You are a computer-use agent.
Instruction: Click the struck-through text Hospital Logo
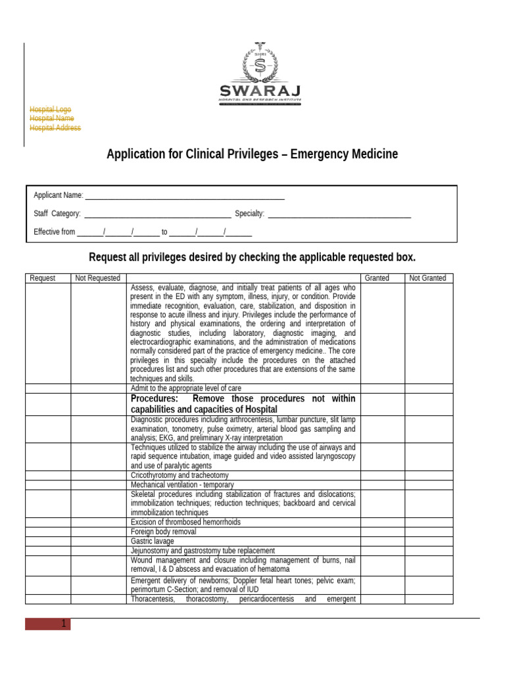(50, 110)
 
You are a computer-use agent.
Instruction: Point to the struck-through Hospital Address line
(55, 128)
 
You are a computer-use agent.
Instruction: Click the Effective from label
(55, 232)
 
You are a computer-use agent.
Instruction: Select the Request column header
(43, 279)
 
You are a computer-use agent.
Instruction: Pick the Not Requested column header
(98, 279)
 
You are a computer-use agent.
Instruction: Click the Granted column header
(377, 279)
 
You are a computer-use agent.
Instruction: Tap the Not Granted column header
(427, 279)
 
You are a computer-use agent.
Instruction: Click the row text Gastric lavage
(153, 541)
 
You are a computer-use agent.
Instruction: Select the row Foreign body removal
(163, 532)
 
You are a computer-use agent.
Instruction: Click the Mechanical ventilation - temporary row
(182, 484)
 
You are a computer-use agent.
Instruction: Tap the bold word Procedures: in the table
(155, 399)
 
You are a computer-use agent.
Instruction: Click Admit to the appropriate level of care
(186, 388)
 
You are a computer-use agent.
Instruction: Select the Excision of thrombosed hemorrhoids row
(186, 522)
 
